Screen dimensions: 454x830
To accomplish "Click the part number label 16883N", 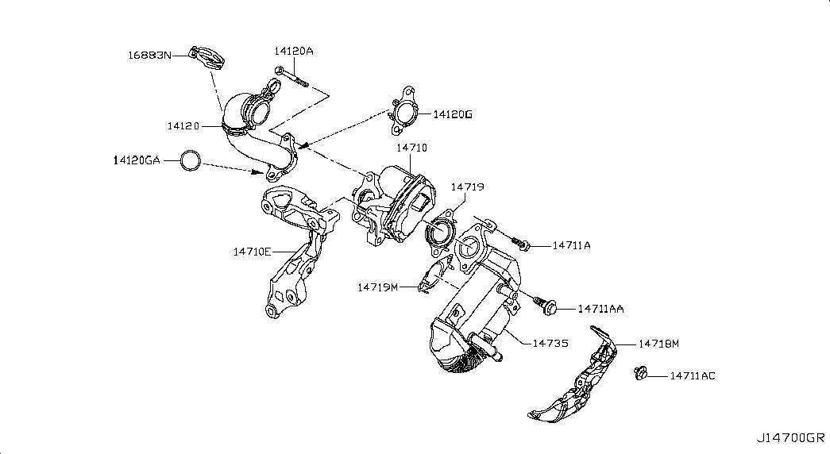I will pyautogui.click(x=149, y=55).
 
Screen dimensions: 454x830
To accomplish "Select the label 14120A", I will pyautogui.click(x=294, y=51).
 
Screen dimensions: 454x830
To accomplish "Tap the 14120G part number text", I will pyautogui.click(x=453, y=114).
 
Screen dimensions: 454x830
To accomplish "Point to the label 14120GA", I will pyautogui.click(x=136, y=160).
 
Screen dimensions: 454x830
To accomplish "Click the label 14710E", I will pyautogui.click(x=253, y=252).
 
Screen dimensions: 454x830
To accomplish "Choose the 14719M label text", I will pyautogui.click(x=377, y=287).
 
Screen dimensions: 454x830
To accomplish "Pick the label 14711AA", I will pyautogui.click(x=600, y=308).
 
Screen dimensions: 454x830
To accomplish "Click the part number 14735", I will pyautogui.click(x=550, y=343).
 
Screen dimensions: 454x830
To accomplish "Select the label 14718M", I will pyautogui.click(x=658, y=344).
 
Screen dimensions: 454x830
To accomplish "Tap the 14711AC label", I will pyautogui.click(x=692, y=375).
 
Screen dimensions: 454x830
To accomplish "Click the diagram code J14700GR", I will pyautogui.click(x=790, y=437).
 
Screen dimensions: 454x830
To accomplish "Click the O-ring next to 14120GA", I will pyautogui.click(x=190, y=161).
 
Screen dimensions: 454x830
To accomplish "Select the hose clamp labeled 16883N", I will pyautogui.click(x=209, y=59).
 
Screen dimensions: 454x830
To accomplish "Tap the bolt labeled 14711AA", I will pyautogui.click(x=545, y=302).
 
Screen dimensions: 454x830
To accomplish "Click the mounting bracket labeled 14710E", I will pyautogui.click(x=295, y=246).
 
